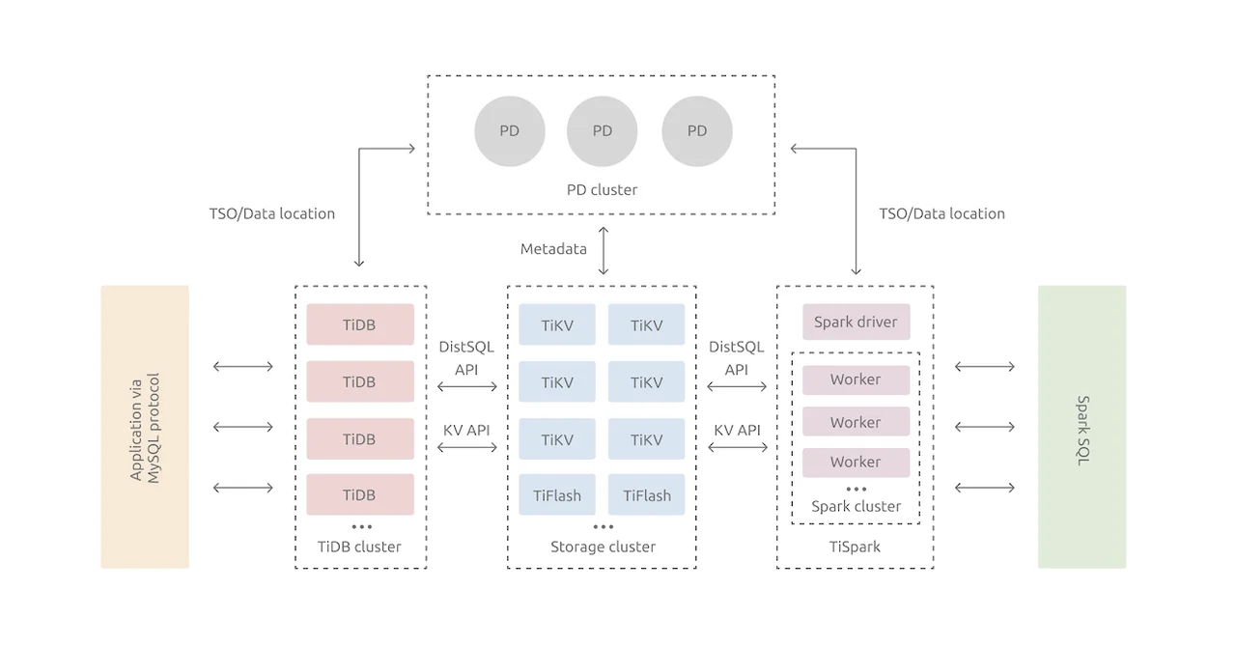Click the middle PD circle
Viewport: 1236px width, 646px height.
click(602, 131)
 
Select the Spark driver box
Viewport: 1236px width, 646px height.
click(856, 322)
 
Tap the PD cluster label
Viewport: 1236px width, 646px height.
click(602, 189)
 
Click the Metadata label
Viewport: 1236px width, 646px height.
click(553, 248)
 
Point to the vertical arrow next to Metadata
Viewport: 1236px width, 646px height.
click(604, 250)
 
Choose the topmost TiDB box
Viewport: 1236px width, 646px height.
click(359, 324)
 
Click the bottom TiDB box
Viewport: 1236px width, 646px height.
click(359, 494)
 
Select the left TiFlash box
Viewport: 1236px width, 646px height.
click(557, 494)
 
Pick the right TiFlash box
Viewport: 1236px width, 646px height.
click(646, 494)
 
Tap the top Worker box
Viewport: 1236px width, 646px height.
click(856, 379)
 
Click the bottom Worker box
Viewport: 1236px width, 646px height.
click(856, 462)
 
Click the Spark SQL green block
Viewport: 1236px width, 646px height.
click(1081, 427)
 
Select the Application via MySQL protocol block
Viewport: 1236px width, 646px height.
click(145, 427)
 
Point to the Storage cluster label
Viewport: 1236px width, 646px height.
click(603, 547)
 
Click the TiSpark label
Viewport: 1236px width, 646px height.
click(855, 547)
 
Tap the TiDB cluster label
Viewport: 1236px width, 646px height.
click(359, 547)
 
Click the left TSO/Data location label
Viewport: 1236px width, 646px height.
click(272, 213)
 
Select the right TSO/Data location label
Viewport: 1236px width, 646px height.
click(941, 213)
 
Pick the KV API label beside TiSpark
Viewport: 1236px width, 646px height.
click(737, 430)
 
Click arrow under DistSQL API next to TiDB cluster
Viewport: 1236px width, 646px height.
click(467, 387)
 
